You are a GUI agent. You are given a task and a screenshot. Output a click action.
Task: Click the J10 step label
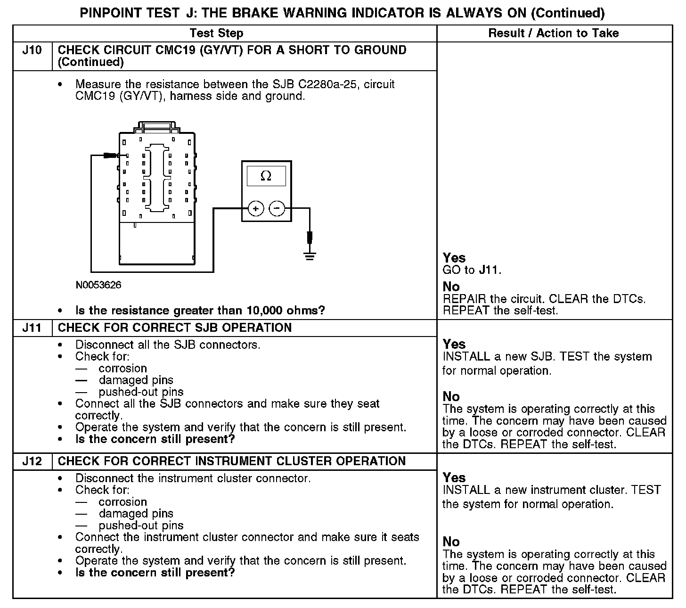tap(32, 50)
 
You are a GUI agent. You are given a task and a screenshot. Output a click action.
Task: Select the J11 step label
tap(32, 328)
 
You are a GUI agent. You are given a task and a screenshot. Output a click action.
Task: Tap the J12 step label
tap(32, 461)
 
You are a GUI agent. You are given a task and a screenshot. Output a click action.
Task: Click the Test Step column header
tap(216, 33)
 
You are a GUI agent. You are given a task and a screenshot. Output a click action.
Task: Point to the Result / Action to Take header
tap(554, 33)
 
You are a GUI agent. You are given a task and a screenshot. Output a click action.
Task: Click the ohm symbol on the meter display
tap(266, 176)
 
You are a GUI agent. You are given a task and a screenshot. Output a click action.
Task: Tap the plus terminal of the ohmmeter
tap(256, 208)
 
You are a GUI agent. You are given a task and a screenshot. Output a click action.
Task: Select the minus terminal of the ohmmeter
tap(277, 208)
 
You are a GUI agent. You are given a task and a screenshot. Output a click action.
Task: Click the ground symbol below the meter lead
tap(310, 256)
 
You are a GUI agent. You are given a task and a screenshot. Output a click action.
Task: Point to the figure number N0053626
tap(98, 285)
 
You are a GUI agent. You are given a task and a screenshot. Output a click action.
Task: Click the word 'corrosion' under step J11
tap(122, 369)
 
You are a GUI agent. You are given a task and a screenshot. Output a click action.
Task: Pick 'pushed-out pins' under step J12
tap(141, 526)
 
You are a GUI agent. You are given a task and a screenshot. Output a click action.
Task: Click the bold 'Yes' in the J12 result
tap(454, 478)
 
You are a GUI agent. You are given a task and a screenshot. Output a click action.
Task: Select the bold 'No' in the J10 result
tap(451, 287)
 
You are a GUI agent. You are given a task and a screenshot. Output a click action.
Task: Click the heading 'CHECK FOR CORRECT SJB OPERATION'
tap(174, 328)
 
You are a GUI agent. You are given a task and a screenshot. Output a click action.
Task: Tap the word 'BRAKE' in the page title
tap(248, 13)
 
